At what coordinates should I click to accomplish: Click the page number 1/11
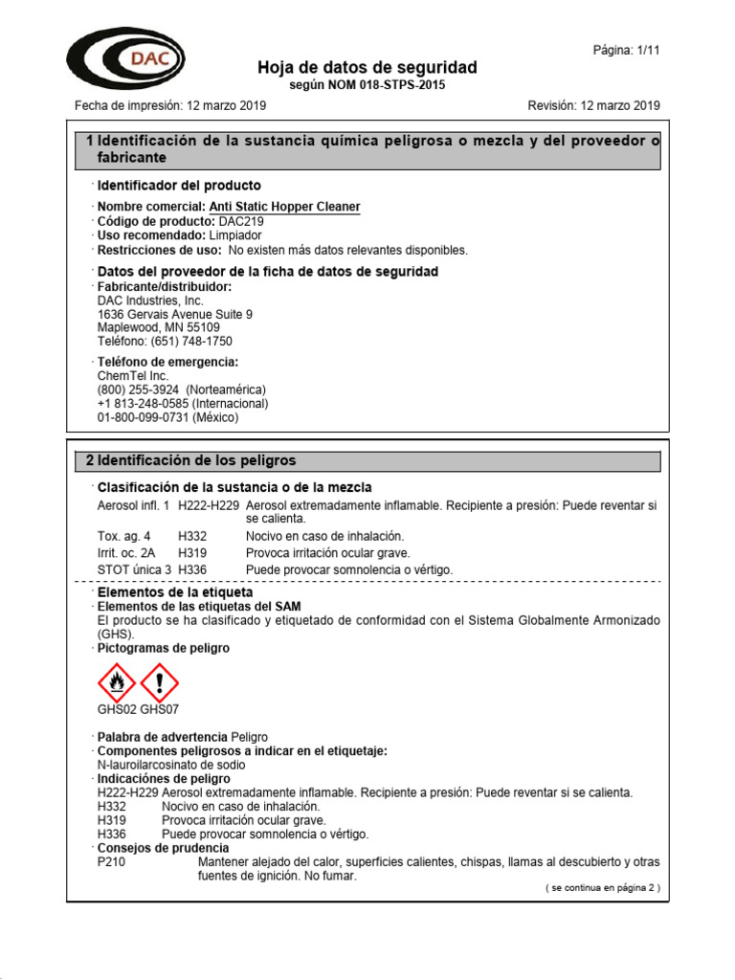coord(627,50)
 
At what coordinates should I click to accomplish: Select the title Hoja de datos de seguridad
coord(367,68)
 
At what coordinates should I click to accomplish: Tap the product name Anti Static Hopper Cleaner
coord(284,207)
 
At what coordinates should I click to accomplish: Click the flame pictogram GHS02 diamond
coord(117,682)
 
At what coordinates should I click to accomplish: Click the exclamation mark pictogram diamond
coord(159,682)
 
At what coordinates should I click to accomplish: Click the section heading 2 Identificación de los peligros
coord(191,461)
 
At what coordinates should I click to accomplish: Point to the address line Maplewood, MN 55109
coord(158,327)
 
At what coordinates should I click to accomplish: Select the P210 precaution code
coord(112,862)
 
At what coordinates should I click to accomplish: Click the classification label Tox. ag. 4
coord(123,536)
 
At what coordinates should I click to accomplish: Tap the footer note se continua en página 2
coord(602,888)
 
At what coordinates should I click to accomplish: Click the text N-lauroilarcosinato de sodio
coord(170,765)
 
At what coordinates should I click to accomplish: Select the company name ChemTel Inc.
coord(132,376)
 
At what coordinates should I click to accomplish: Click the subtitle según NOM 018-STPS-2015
coord(367,85)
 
